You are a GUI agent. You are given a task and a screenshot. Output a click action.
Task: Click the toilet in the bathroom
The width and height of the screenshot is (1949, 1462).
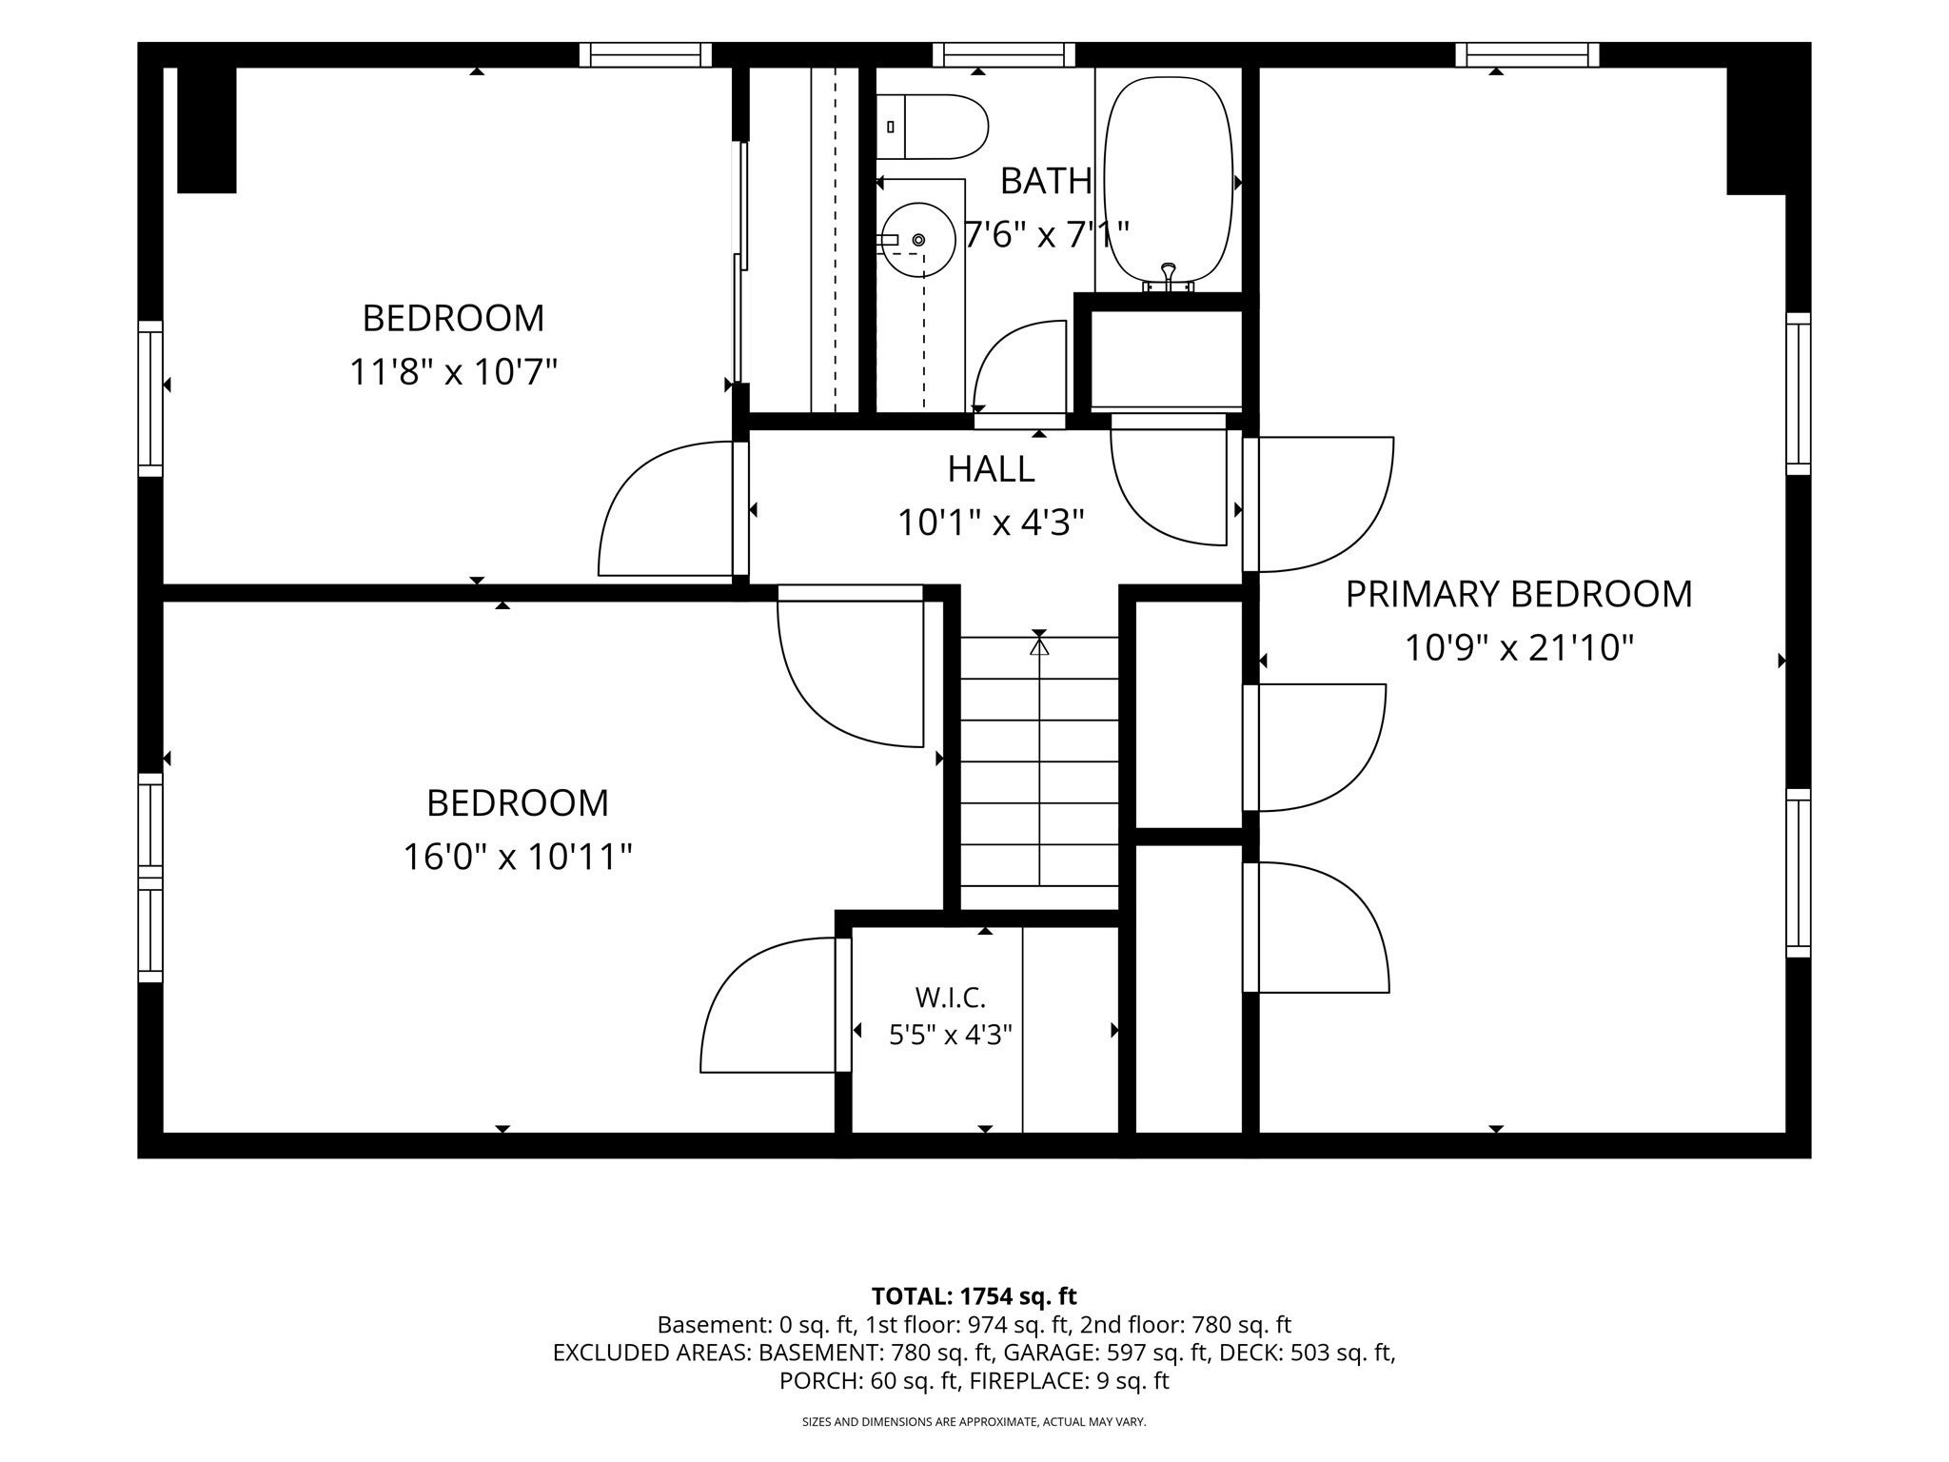932,127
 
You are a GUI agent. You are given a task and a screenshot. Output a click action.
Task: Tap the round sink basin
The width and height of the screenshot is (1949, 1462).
916,240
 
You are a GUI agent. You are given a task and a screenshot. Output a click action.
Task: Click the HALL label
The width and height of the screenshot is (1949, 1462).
991,468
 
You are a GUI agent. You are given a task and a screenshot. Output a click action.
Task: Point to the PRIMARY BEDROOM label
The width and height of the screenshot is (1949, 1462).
1519,594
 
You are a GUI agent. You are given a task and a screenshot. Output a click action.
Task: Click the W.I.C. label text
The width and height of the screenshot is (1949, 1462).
950,998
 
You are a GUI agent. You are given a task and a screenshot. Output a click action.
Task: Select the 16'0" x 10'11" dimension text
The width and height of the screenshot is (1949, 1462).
518,857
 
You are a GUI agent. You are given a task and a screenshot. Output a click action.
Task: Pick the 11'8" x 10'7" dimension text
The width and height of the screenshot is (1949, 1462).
453,371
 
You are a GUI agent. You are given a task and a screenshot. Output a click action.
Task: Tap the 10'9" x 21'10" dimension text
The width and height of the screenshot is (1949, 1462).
1519,648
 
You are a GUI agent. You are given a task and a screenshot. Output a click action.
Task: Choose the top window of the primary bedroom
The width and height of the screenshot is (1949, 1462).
1526,55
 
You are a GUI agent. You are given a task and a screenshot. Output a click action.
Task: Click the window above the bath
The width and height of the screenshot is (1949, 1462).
1004,55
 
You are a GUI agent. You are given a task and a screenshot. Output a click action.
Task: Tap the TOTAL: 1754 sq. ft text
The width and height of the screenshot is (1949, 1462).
974,1296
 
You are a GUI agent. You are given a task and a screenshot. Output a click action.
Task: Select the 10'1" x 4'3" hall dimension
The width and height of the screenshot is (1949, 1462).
991,523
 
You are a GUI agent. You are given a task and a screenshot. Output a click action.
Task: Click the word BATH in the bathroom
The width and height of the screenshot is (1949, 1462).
1046,181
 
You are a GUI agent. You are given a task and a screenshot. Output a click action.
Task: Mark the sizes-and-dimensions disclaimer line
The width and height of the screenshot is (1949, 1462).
974,1422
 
